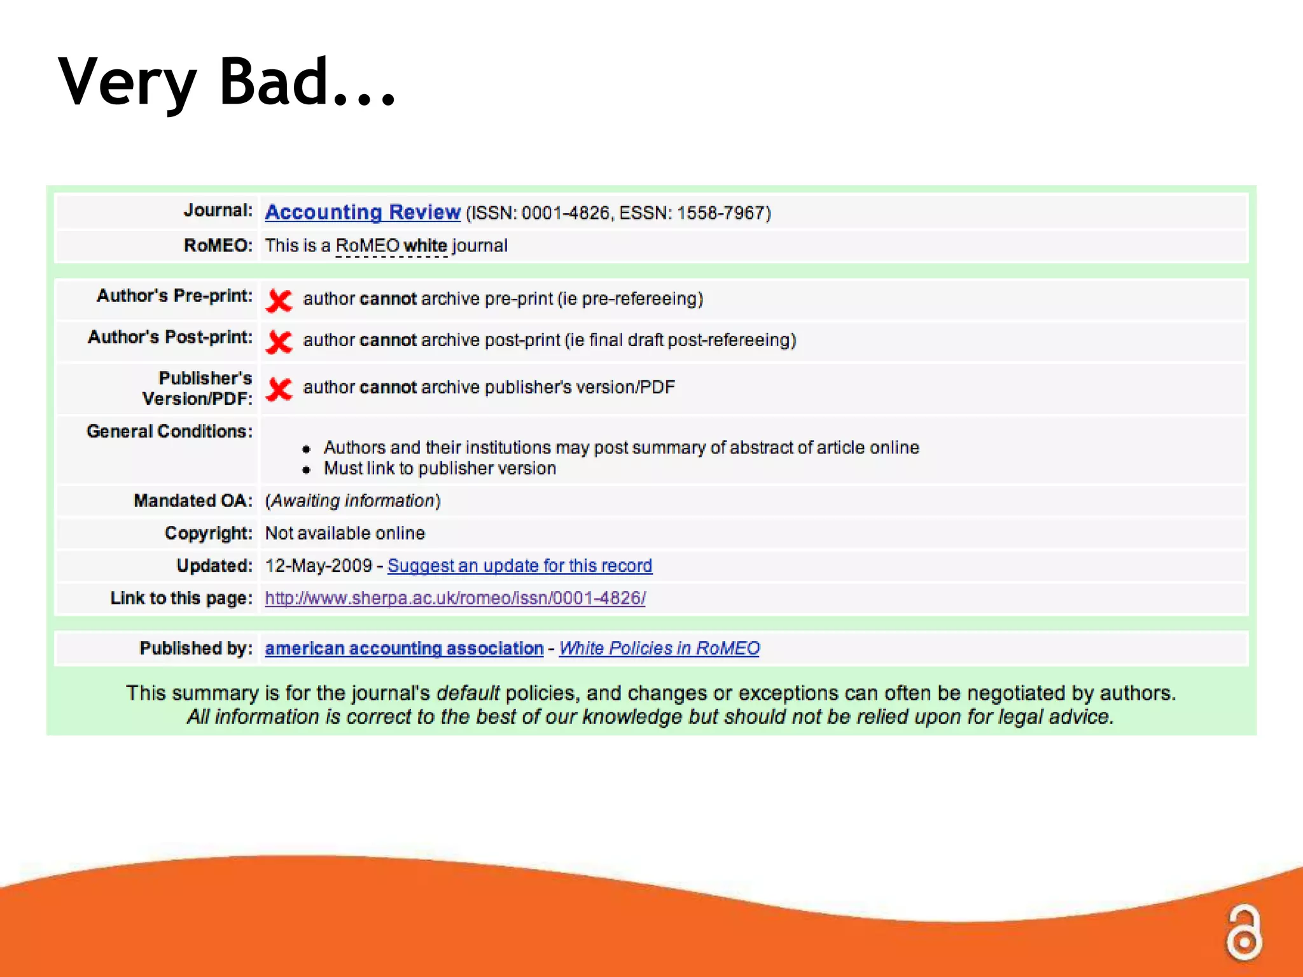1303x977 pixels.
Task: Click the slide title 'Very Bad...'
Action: pos(227,83)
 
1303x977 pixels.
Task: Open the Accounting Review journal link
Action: pos(363,212)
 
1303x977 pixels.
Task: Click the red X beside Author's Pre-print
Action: pos(279,300)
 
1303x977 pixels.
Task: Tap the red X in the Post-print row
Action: pos(279,342)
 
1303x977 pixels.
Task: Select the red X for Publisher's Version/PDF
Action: pos(279,389)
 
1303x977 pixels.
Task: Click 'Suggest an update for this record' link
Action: pos(520,565)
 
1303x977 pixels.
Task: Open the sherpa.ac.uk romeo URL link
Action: pos(455,598)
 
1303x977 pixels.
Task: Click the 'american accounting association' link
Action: pos(404,648)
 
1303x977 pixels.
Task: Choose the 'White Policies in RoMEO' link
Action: pos(659,648)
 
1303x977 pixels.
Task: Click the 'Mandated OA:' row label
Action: pos(193,501)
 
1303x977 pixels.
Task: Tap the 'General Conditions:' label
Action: pos(169,431)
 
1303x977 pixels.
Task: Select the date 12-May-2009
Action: pos(318,565)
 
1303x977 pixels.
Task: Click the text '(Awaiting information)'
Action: pos(352,501)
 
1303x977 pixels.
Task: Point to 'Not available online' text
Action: pos(345,533)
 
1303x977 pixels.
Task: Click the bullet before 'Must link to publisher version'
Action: pos(307,470)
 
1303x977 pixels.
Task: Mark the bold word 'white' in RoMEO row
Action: pos(425,246)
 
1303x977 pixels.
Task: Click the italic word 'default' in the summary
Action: pos(468,693)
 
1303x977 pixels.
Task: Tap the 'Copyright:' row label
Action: pos(208,533)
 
